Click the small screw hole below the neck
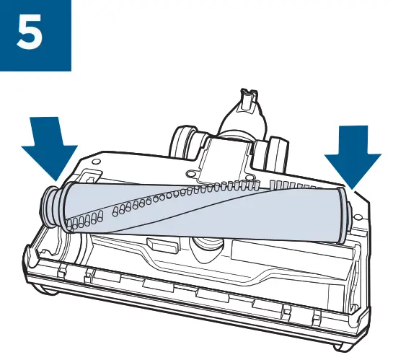tap(189, 174)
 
